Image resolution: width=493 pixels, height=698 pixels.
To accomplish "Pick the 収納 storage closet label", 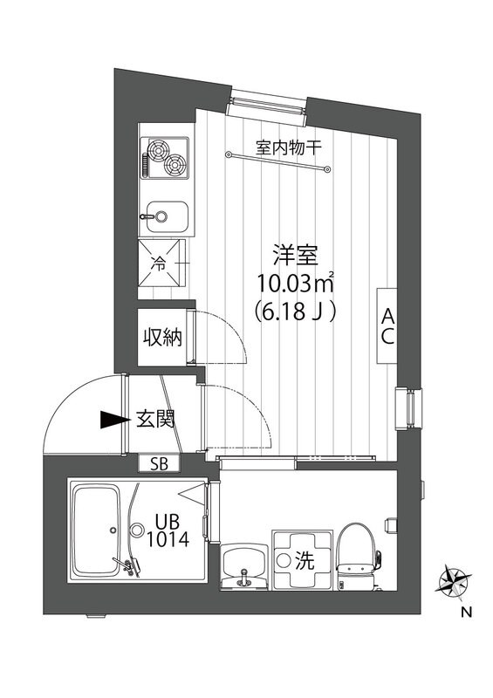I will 163,336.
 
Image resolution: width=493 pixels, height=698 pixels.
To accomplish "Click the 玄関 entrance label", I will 156,419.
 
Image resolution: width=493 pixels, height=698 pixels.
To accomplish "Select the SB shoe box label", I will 160,463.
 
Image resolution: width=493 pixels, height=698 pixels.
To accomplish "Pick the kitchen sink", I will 166,212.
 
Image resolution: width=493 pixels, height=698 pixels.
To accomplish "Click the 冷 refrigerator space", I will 164,261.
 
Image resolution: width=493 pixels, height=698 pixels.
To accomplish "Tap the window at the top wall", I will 267,103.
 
